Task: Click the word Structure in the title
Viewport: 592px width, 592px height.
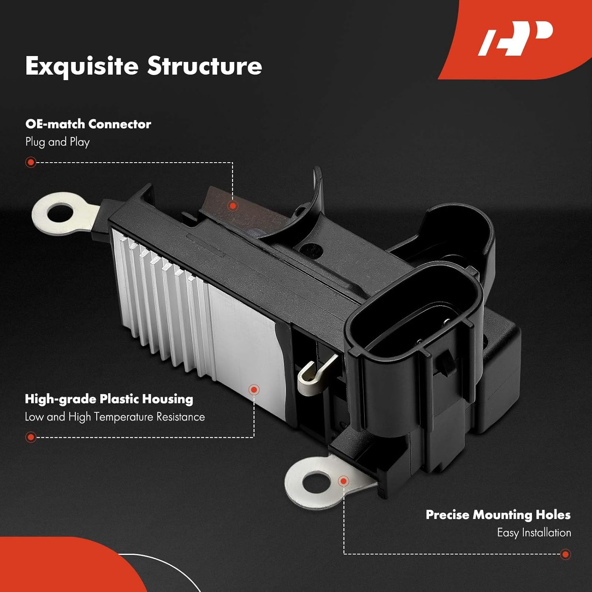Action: (x=204, y=66)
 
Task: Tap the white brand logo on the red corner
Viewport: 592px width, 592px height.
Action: (x=515, y=38)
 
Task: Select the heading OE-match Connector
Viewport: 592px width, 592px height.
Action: (x=88, y=124)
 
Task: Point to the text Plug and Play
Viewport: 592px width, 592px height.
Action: (x=58, y=142)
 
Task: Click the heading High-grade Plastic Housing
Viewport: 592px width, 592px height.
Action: (x=109, y=399)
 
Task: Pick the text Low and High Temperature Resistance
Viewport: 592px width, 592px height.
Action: (x=115, y=417)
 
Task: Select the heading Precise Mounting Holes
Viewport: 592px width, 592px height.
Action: (x=498, y=515)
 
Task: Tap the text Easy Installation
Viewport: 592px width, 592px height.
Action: (x=534, y=532)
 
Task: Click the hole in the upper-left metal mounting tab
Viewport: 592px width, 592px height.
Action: (x=60, y=214)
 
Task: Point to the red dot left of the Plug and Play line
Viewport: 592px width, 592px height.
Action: (x=31, y=162)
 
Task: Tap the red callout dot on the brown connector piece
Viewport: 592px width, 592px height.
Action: (x=233, y=206)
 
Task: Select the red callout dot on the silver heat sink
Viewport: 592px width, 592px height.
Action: (x=254, y=390)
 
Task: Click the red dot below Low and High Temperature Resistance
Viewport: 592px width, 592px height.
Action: (x=31, y=437)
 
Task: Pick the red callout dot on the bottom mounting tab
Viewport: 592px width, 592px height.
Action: (x=343, y=481)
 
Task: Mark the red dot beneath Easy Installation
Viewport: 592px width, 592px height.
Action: (x=565, y=554)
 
